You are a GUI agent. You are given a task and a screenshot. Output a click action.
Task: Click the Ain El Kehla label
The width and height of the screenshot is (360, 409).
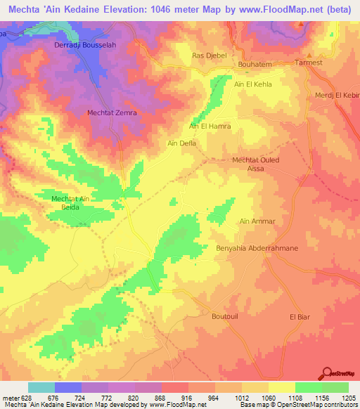(252, 84)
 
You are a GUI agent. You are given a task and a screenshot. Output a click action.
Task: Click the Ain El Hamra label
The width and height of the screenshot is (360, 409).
(210, 126)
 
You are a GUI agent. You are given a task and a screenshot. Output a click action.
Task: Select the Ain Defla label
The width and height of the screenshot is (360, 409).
(181, 143)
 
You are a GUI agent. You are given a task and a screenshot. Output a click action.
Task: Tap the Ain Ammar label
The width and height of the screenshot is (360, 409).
(257, 221)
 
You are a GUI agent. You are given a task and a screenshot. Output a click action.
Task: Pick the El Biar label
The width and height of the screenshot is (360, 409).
(300, 317)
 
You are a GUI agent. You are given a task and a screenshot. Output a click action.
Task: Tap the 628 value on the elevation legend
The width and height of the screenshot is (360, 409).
(20, 398)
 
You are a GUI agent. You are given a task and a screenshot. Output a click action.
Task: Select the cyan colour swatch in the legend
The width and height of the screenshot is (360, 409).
(41, 387)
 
